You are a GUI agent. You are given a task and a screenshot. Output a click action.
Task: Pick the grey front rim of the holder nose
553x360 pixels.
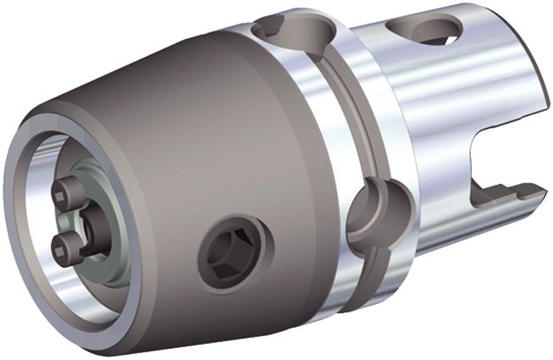point(25,254)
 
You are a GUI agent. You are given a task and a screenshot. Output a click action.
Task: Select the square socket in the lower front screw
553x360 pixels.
point(59,246)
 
